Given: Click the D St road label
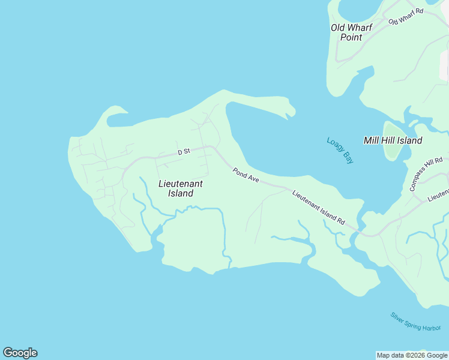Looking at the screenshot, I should pos(184,152).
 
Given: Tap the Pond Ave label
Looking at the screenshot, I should pos(246,175).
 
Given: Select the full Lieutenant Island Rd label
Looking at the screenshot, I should pos(319,208).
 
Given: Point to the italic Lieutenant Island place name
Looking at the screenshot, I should pos(180,188).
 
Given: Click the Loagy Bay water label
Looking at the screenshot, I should pos(340,151).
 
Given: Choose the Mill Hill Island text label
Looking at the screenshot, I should pos(393,140).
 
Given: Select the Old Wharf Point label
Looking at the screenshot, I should pos(351,32).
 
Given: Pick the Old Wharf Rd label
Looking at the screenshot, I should pos(406,16).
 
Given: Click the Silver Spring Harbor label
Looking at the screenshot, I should pos(415,322).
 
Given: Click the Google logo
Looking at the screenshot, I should pos(20,353).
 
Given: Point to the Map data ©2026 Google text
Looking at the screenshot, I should pos(412,355).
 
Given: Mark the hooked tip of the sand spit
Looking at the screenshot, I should pos(291,112).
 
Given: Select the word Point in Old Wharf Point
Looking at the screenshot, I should pos(351,37).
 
